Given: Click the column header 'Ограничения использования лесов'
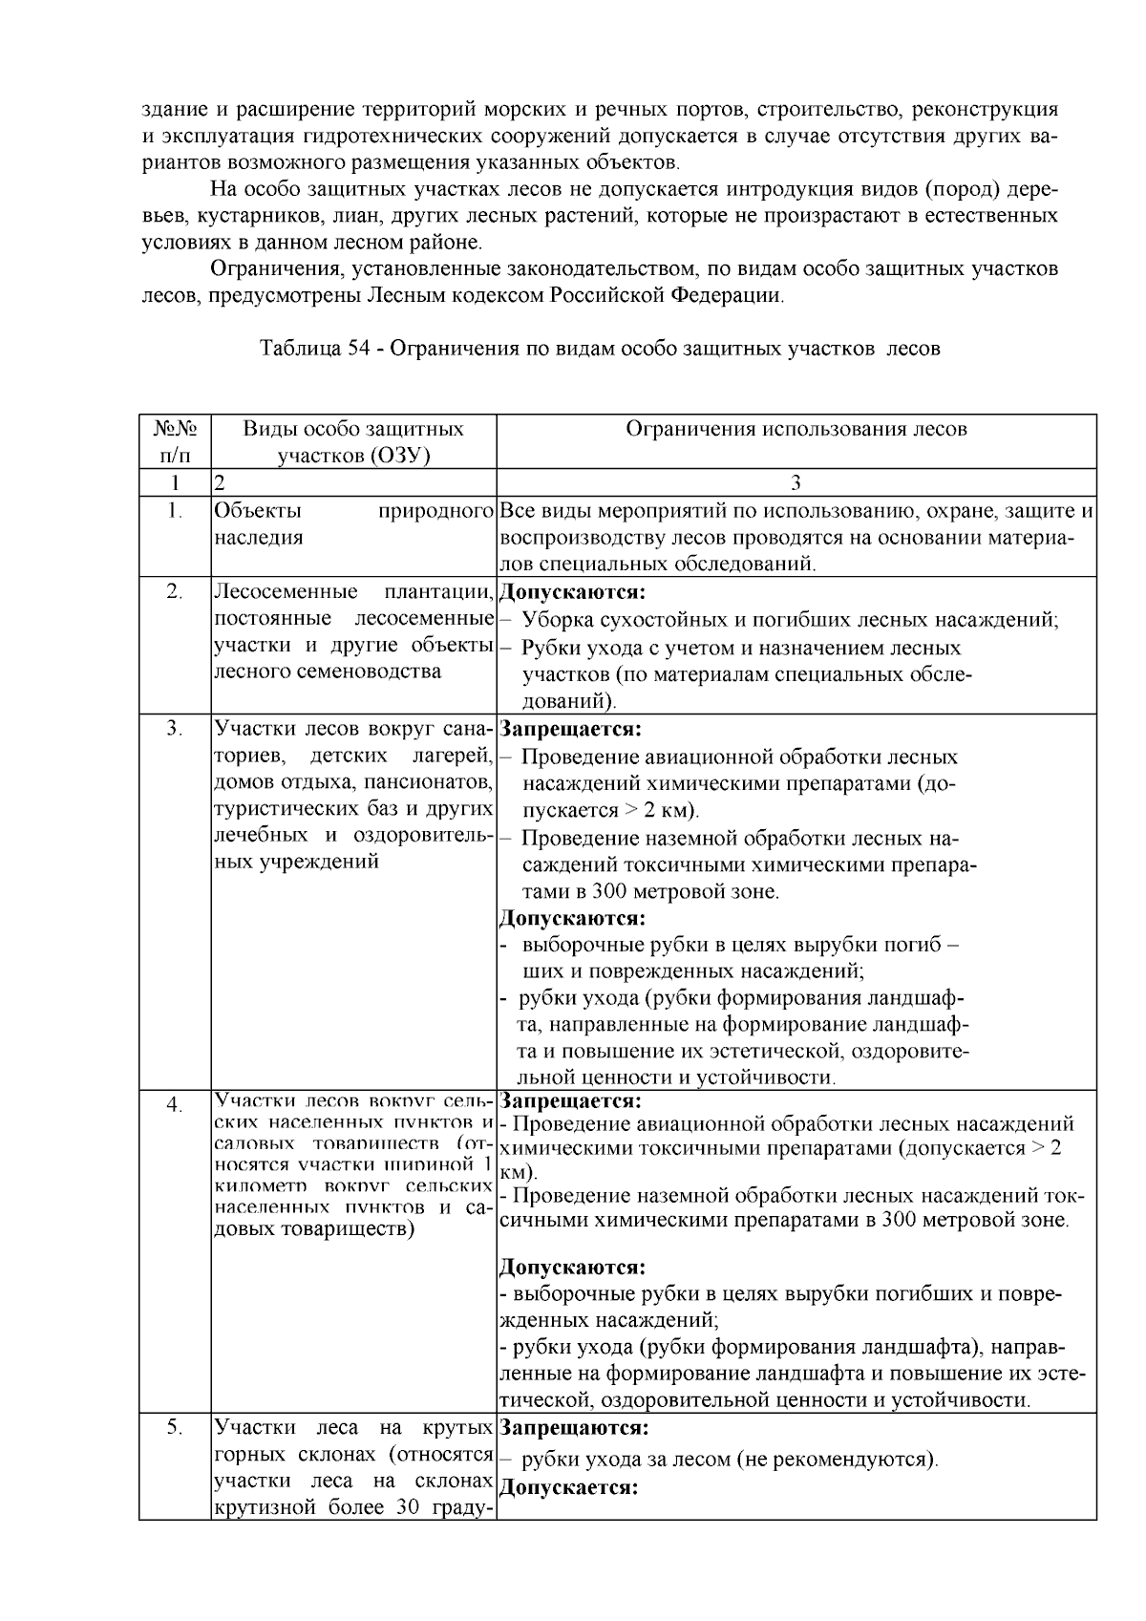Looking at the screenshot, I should tap(796, 429).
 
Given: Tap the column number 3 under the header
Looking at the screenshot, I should tap(796, 482).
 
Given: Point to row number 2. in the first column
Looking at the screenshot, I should tap(175, 591).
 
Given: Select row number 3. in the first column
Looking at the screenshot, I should tap(175, 729).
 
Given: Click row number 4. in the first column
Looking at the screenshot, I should tap(175, 1105).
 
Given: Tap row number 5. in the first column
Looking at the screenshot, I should tap(175, 1428).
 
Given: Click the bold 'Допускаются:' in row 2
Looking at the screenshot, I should tap(572, 592).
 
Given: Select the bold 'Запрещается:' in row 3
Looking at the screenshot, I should tap(569, 730).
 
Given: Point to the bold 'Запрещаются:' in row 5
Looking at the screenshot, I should tap(574, 1429).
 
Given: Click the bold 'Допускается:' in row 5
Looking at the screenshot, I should tap(569, 1488).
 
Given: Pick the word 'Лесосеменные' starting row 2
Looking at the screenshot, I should tap(286, 592).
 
